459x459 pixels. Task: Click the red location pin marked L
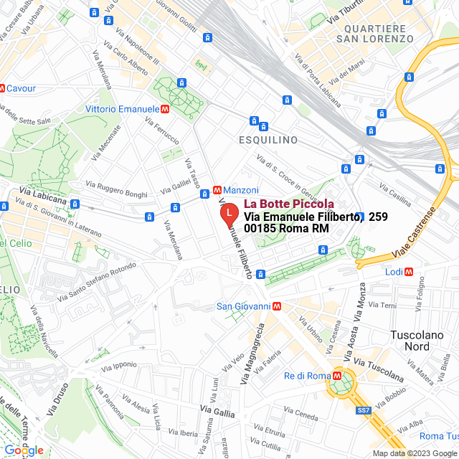click(x=228, y=214)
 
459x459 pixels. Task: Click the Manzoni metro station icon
click(x=217, y=190)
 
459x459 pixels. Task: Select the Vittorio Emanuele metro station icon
click(x=166, y=108)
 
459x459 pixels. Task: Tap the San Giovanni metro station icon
click(x=277, y=306)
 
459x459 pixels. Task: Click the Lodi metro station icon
click(x=409, y=272)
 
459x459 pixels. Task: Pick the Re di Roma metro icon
click(x=336, y=375)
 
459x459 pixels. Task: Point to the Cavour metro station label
click(x=22, y=88)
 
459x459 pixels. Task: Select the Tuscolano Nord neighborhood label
click(x=419, y=341)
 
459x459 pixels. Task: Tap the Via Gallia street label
click(x=217, y=412)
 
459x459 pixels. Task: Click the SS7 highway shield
click(x=364, y=411)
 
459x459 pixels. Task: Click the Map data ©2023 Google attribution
click(x=414, y=453)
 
